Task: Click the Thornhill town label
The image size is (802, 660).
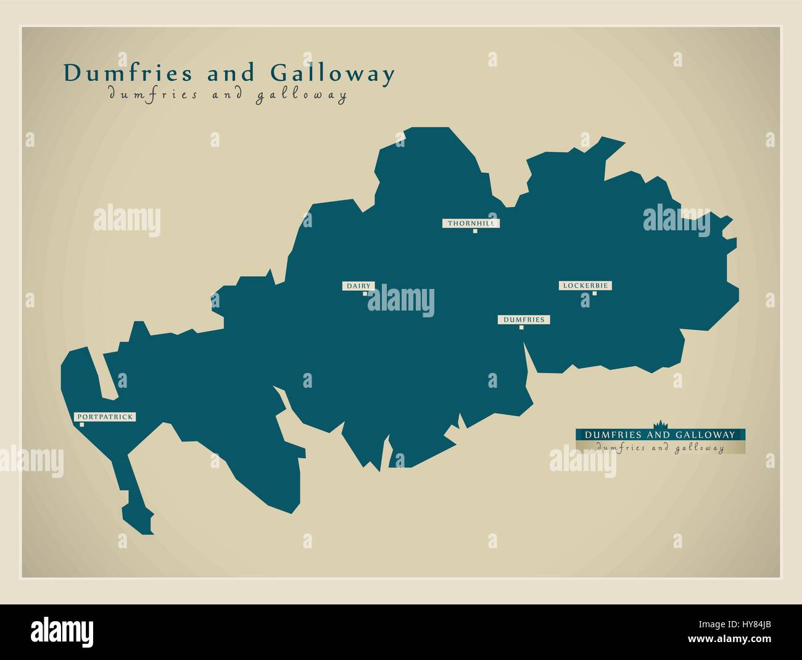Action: pos(470,223)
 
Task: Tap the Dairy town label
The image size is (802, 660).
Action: pos(358,286)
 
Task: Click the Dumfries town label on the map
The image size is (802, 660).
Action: pos(524,319)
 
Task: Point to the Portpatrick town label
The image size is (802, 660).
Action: pos(104,417)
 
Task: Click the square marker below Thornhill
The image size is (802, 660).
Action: pos(475,231)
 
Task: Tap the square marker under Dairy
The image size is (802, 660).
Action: pos(365,294)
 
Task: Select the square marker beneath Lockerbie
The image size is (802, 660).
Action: pos(594,293)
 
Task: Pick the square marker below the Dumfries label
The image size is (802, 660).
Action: pos(521,327)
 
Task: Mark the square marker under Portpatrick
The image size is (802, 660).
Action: pos(81,424)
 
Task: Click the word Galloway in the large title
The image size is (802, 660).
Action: pos(333,73)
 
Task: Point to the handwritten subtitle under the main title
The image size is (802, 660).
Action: pos(227,95)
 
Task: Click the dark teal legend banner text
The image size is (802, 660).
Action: pos(659,434)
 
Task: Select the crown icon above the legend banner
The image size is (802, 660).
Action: pos(659,424)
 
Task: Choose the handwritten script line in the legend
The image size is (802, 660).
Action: pos(659,448)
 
